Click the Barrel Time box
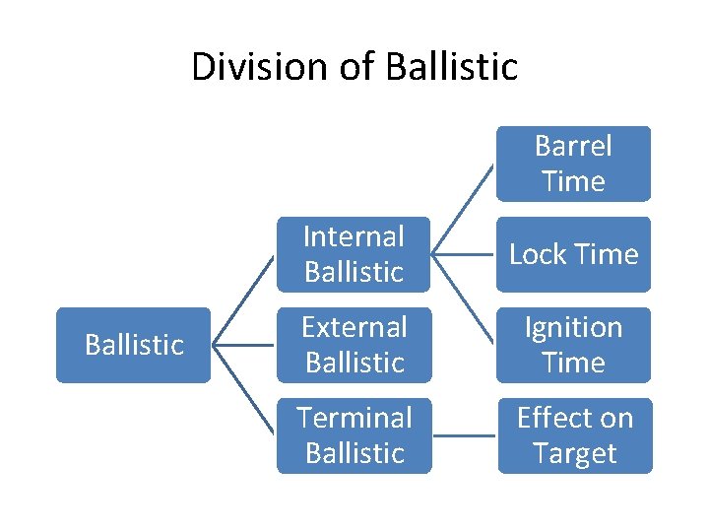[x=573, y=164]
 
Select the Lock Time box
[x=573, y=254]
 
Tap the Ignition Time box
[x=573, y=345]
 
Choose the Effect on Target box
[x=573, y=435]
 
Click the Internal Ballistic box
[x=354, y=254]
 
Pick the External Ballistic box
[x=354, y=345]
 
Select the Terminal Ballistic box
[x=354, y=435]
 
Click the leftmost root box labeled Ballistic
[x=134, y=345]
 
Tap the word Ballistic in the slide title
[x=452, y=67]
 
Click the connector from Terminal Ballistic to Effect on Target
[x=464, y=434]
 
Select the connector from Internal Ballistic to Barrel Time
[x=464, y=208]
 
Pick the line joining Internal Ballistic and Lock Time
[x=464, y=254]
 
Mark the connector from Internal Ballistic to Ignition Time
[x=464, y=299]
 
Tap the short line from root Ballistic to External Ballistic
[x=244, y=345]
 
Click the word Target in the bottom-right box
[x=573, y=453]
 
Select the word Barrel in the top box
[x=573, y=147]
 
